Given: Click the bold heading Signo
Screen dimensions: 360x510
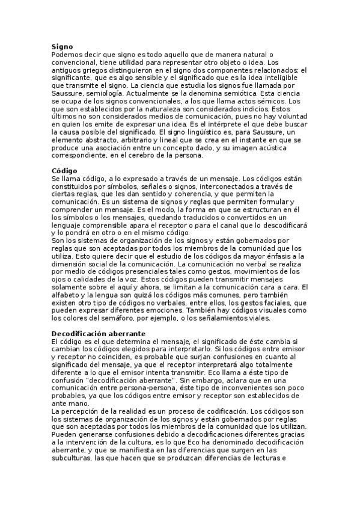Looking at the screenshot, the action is pos(62,46).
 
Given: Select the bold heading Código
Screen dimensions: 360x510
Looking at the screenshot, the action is pos(65,171).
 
